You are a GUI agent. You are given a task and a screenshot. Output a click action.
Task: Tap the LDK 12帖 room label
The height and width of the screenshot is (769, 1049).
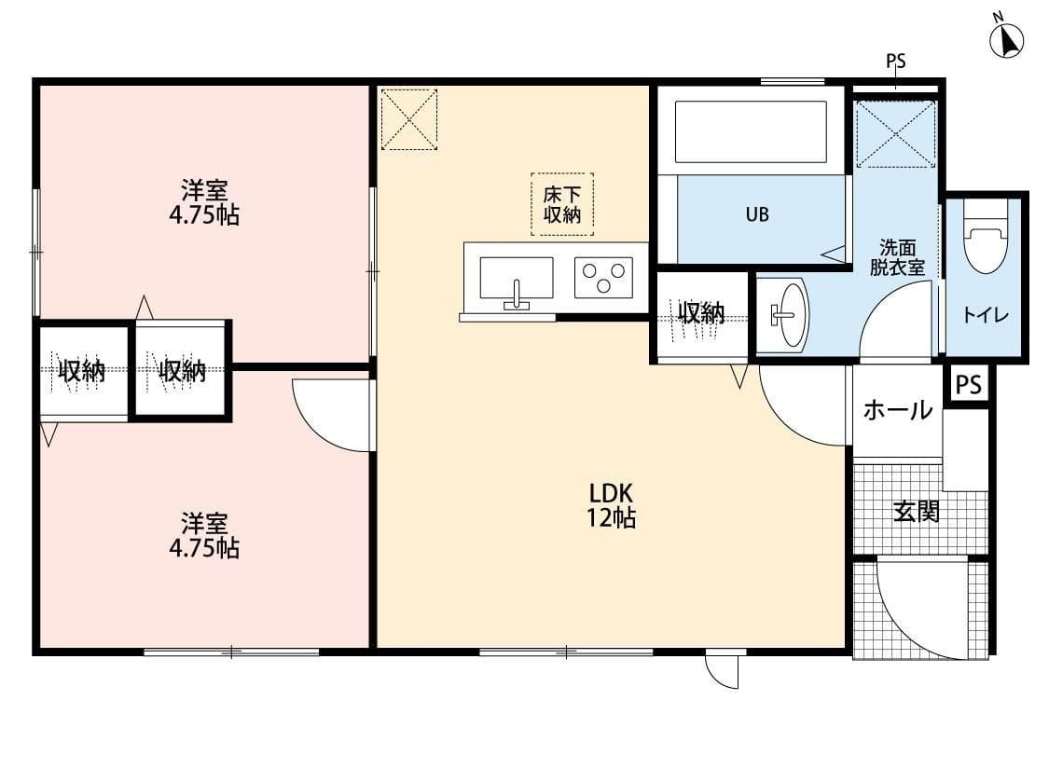[611, 505]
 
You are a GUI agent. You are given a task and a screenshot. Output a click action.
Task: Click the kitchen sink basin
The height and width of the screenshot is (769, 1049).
[516, 279]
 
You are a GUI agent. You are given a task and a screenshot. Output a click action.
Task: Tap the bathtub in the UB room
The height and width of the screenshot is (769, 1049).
[751, 131]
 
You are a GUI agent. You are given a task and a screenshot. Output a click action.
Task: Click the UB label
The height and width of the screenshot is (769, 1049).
[757, 214]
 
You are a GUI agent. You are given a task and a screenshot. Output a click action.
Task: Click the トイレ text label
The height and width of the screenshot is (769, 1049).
[986, 315]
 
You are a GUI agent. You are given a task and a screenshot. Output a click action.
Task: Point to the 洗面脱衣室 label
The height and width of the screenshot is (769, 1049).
[897, 257]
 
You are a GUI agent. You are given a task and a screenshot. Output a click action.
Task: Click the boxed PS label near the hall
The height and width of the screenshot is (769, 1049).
[969, 385]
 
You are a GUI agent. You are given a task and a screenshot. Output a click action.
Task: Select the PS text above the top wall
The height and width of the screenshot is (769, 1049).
[895, 62]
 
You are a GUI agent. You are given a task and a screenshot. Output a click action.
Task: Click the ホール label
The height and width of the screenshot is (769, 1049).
[897, 409]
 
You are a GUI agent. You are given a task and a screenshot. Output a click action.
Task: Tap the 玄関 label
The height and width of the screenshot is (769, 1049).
[916, 511]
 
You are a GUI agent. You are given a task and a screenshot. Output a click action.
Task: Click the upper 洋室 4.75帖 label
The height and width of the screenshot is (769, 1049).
[204, 203]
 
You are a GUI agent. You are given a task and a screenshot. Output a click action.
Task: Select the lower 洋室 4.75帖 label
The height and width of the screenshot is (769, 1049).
[204, 535]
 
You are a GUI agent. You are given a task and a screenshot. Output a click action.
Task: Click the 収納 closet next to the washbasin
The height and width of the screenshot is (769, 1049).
[701, 314]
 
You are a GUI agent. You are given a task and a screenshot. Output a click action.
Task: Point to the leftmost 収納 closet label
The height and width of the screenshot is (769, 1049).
[82, 371]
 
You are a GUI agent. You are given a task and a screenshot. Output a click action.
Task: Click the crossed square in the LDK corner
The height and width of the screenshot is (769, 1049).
[409, 118]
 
